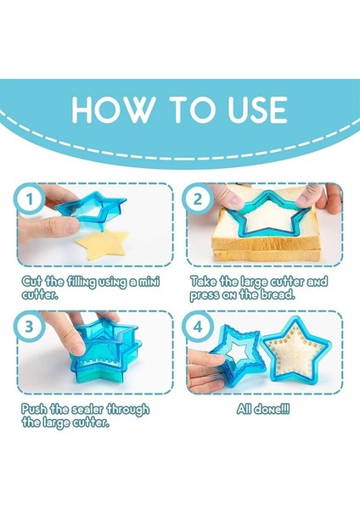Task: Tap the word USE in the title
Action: pyautogui.click(x=257, y=109)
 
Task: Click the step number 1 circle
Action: pyautogui.click(x=30, y=199)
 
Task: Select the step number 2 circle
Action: pyautogui.click(x=198, y=199)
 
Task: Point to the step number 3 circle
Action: pyautogui.click(x=29, y=326)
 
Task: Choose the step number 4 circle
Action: pyautogui.click(x=198, y=326)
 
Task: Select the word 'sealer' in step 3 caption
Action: pyautogui.click(x=87, y=409)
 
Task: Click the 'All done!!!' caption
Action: pyautogui.click(x=263, y=409)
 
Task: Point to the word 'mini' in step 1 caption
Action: pyautogui.click(x=149, y=281)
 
